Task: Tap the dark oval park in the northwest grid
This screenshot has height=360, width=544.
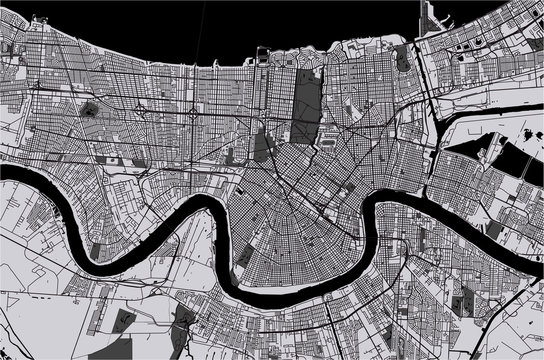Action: [90, 109]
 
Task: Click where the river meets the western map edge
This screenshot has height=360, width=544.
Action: [4, 172]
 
